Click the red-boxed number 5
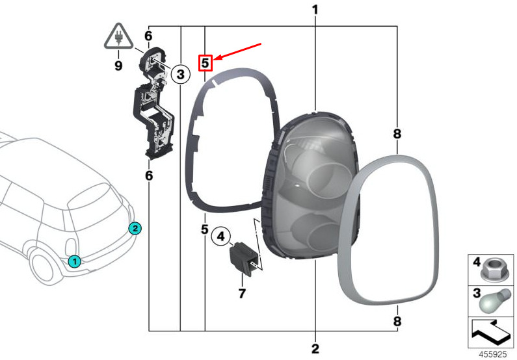pyautogui.click(x=205, y=62)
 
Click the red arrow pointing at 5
pyautogui.click(x=237, y=51)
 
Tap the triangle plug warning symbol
pyautogui.click(x=119, y=36)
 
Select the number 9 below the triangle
pyautogui.click(x=118, y=65)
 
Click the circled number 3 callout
pyautogui.click(x=180, y=74)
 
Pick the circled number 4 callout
pyautogui.click(x=220, y=236)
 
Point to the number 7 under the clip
pyautogui.click(x=242, y=293)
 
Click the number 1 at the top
pyautogui.click(x=315, y=10)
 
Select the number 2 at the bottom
pyautogui.click(x=315, y=348)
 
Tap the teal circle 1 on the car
pyautogui.click(x=75, y=261)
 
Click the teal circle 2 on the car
pyautogui.click(x=135, y=228)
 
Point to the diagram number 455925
pyautogui.click(x=492, y=354)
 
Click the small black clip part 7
pyautogui.click(x=243, y=257)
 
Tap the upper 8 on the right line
pyautogui.click(x=397, y=134)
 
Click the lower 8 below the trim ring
pyautogui.click(x=397, y=321)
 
